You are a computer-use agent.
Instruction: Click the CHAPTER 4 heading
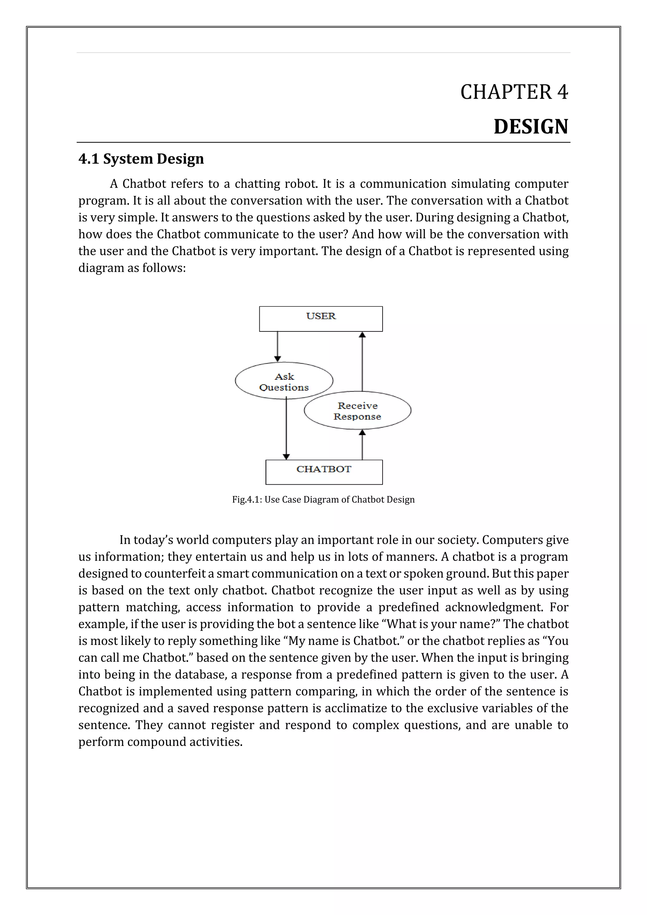(x=514, y=92)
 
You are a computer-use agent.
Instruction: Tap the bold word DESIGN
(x=531, y=127)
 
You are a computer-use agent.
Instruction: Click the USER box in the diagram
(x=321, y=319)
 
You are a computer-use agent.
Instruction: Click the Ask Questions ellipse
(x=284, y=381)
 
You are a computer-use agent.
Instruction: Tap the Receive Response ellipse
(x=357, y=411)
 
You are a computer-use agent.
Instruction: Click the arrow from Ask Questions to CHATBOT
(x=286, y=430)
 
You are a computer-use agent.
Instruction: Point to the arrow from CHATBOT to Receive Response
(x=362, y=444)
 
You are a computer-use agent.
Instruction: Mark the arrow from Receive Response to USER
(x=362, y=361)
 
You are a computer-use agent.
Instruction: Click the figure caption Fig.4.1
(x=323, y=500)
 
